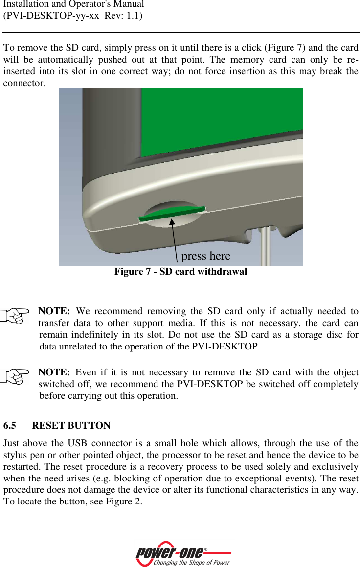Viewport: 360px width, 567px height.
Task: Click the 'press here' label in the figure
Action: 205,256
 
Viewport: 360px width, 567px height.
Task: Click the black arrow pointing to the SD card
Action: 174,240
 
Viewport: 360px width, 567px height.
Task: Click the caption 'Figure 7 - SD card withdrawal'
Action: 180,272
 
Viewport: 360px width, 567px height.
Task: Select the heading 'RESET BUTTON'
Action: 71,426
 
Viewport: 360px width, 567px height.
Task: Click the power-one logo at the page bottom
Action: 171,552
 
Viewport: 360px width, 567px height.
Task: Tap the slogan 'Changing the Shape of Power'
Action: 191,563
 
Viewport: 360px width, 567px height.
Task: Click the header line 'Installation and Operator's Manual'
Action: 73,5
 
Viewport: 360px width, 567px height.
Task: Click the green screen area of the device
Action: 220,122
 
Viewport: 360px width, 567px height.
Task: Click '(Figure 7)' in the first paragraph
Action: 279,48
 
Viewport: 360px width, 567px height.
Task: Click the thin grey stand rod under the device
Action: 265,247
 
